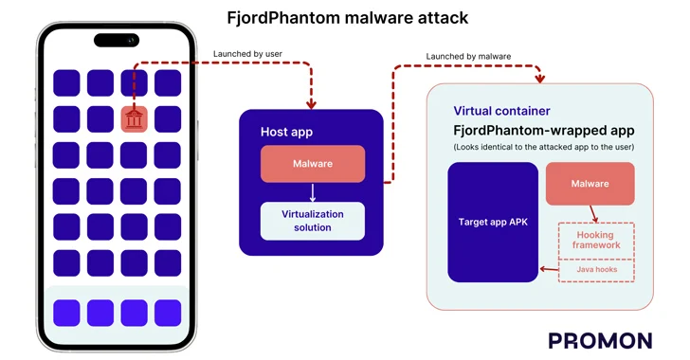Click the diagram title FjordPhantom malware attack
347,18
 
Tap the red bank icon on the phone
134,119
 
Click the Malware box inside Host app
312,164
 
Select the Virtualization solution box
312,221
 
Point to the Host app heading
286,132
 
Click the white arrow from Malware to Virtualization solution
312,192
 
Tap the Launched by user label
247,53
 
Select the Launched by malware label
468,57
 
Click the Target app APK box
492,223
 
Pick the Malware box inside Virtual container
590,184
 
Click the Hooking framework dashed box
595,240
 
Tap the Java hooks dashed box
595,270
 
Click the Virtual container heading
501,111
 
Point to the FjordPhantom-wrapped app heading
543,130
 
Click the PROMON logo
600,341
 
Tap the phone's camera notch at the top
116,40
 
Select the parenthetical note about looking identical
543,147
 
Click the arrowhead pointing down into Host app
312,104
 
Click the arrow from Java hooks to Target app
548,270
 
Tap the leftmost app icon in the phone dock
66,312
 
